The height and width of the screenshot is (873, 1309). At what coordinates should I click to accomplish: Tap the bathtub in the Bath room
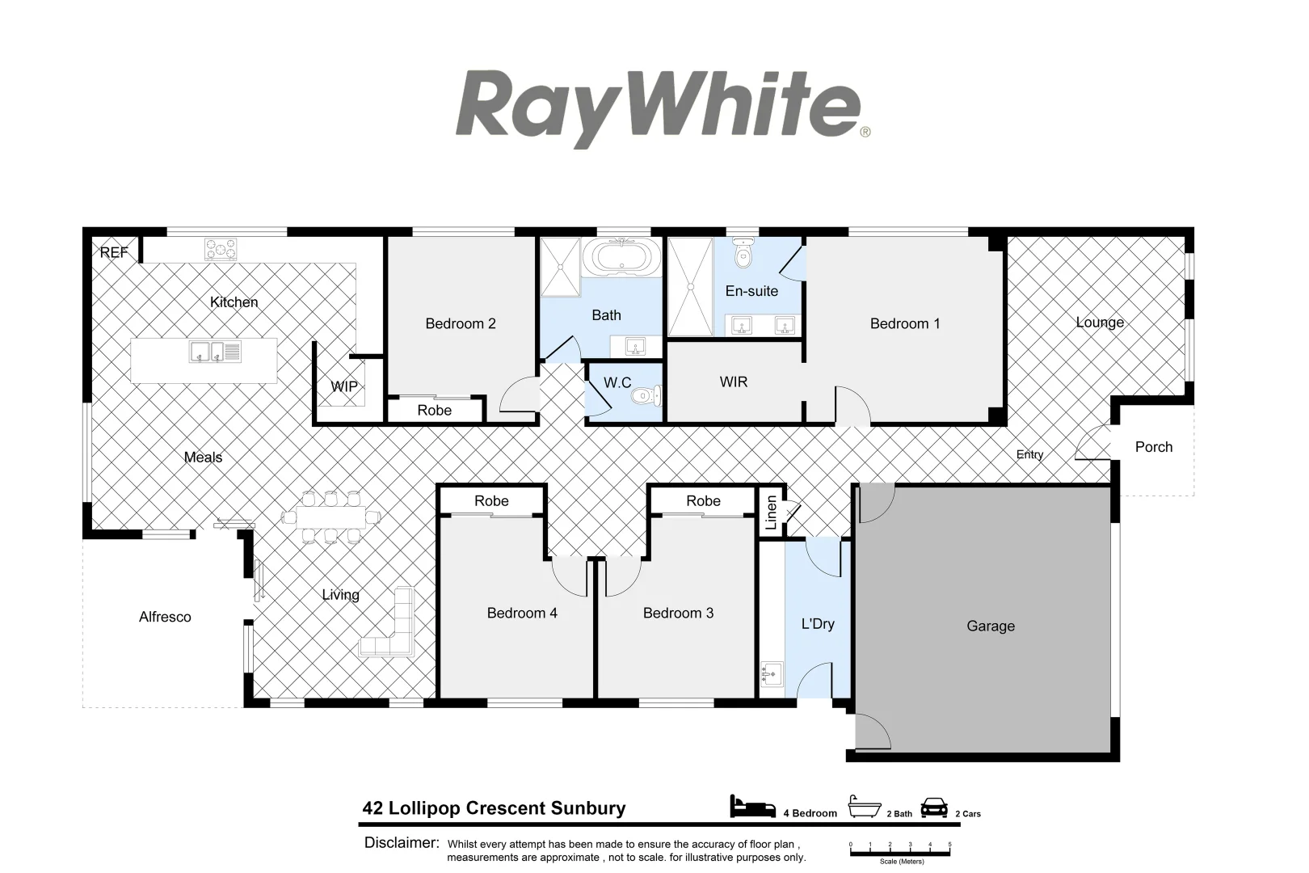621,257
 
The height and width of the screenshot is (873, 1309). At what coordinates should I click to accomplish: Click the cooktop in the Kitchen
221,249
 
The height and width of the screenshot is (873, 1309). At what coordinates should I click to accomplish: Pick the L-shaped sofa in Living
389,625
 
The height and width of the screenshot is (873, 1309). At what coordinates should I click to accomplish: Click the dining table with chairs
330,517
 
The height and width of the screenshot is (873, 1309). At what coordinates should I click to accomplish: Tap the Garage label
990,626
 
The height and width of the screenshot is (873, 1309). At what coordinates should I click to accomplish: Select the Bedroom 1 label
904,323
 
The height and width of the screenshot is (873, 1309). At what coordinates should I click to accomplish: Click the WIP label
344,386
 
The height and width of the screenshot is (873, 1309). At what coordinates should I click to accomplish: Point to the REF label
114,252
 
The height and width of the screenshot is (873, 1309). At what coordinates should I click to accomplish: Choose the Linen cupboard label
771,512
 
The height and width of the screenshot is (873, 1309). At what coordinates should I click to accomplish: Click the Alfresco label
165,617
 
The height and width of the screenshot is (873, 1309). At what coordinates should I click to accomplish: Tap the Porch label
1153,447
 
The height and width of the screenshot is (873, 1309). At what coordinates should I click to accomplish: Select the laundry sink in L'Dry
772,673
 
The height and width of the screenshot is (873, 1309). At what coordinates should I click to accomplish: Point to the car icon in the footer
934,807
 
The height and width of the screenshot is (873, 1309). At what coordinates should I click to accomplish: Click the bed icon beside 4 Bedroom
753,806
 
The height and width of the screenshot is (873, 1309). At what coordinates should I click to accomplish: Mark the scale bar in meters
899,846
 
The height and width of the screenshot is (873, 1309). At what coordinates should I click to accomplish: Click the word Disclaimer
402,842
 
